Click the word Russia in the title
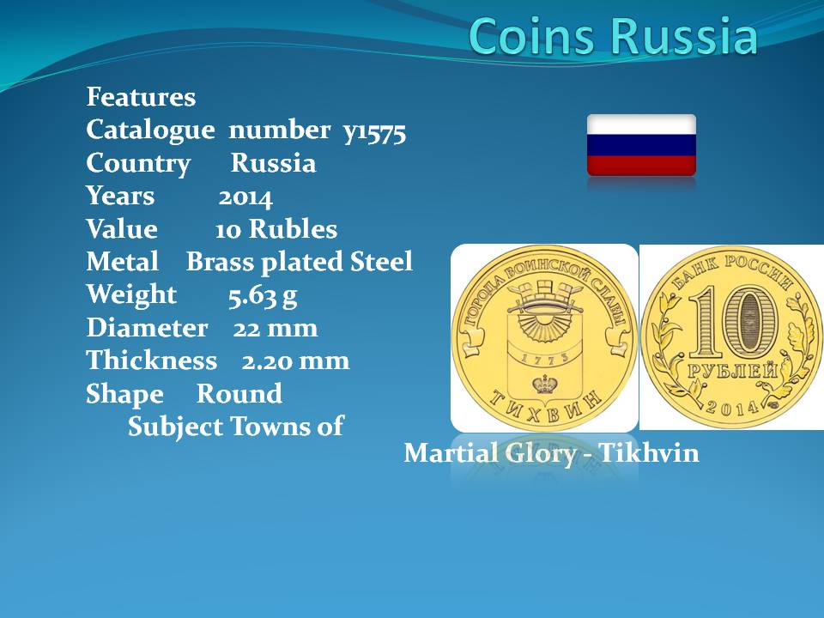[x=685, y=36]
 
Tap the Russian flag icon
[x=641, y=144]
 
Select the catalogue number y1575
[x=375, y=131]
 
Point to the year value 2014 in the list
[x=245, y=197]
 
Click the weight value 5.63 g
[x=263, y=296]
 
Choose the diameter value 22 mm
[x=276, y=329]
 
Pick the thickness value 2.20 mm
[x=295, y=361]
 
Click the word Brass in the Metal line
[x=221, y=262]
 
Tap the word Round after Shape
[x=239, y=394]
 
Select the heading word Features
[x=141, y=97]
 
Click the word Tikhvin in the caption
[x=649, y=453]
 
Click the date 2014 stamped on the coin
[x=732, y=406]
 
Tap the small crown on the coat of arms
[x=546, y=385]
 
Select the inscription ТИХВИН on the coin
[x=545, y=409]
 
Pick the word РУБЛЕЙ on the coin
[x=732, y=372]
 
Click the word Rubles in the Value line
[x=293, y=229]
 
